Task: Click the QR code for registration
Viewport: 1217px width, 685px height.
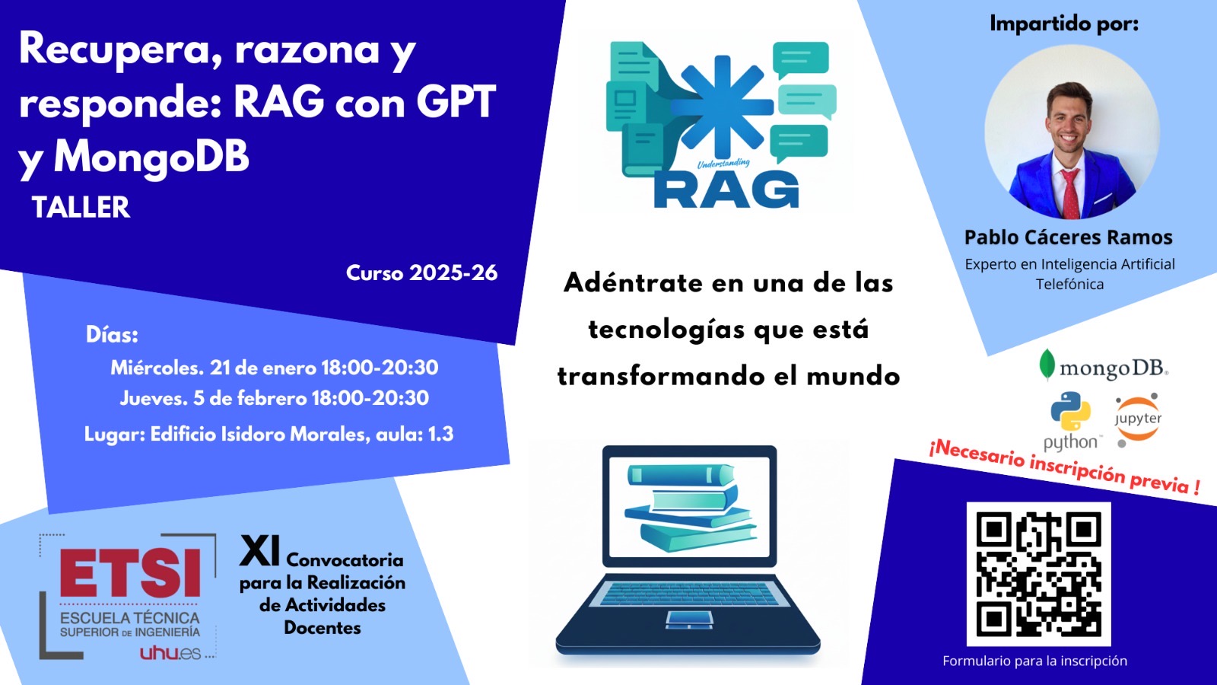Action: [x=1038, y=574]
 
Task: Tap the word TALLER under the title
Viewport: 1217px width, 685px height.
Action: [x=81, y=207]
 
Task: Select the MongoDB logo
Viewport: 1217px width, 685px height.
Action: [x=1104, y=365]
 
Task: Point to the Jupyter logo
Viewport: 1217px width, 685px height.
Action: [x=1138, y=419]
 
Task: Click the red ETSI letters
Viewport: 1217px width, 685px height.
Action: [x=130, y=572]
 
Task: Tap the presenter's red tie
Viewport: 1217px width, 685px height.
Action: [x=1069, y=193]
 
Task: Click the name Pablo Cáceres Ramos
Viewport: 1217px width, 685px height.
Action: [x=1068, y=237]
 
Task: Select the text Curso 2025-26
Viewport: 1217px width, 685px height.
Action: [x=421, y=273]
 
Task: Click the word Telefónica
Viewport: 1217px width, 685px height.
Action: [x=1069, y=285]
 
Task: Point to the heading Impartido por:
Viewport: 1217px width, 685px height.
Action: [x=1064, y=24]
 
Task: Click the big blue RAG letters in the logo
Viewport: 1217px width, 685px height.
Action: [x=726, y=190]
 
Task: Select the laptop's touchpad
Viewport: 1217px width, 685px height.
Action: [x=689, y=620]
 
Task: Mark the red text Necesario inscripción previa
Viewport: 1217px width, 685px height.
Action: [x=1064, y=467]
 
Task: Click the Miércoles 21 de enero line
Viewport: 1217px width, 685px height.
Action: [x=275, y=368]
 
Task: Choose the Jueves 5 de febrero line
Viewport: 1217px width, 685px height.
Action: [x=275, y=399]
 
